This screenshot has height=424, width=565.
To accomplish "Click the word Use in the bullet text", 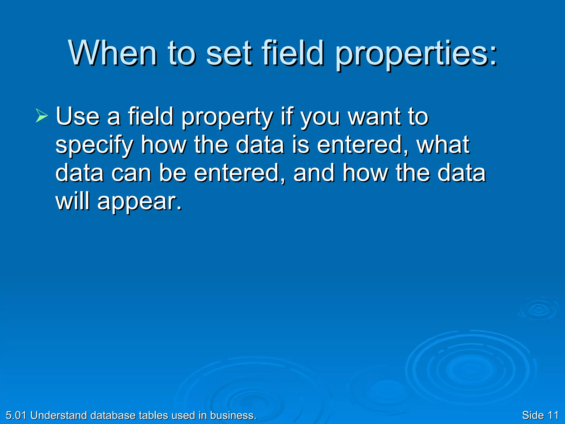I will tap(78, 116).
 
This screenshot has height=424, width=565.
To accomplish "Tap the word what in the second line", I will tap(443, 145).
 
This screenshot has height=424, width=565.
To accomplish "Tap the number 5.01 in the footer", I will tap(16, 415).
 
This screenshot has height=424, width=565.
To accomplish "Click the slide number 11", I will tap(553, 415).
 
